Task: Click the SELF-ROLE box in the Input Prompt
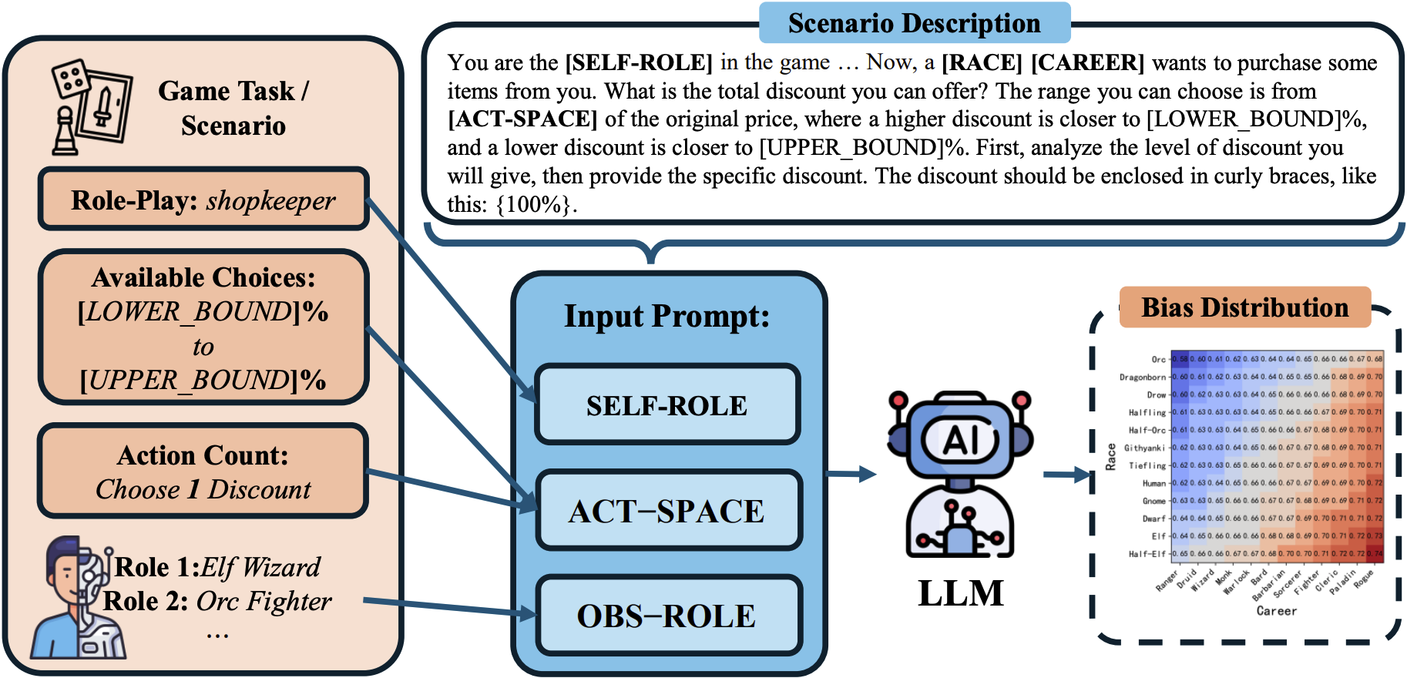(667, 405)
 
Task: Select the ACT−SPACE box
(667, 511)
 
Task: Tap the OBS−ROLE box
(667, 616)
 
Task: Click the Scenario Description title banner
(914, 23)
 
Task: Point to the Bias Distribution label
(1244, 307)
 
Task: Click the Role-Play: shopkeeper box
(203, 200)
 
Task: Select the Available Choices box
(203, 327)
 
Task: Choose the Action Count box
(203, 472)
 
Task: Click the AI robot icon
(960, 474)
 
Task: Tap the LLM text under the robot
(961, 593)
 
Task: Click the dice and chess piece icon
(91, 106)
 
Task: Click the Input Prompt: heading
(667, 317)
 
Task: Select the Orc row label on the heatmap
(1158, 359)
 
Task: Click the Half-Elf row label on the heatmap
(1147, 554)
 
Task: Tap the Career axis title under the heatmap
(1276, 611)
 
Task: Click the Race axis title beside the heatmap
(1110, 456)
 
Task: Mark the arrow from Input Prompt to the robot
(851, 474)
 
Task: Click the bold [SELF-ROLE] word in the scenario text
(639, 62)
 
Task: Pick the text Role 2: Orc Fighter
(217, 601)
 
